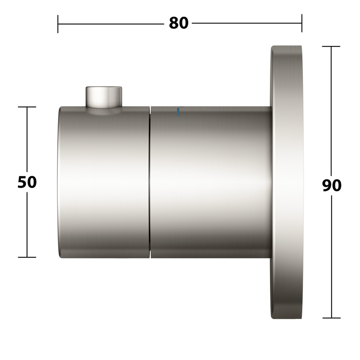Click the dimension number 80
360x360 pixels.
[x=179, y=23]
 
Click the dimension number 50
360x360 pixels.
[x=27, y=182]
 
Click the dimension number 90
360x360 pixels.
[x=332, y=186]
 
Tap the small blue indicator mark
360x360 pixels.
[x=178, y=112]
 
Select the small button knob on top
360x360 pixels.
[x=104, y=97]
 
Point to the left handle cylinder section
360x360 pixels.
[x=104, y=182]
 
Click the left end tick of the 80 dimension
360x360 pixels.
[x=58, y=24]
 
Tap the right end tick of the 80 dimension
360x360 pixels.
[x=302, y=23]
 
